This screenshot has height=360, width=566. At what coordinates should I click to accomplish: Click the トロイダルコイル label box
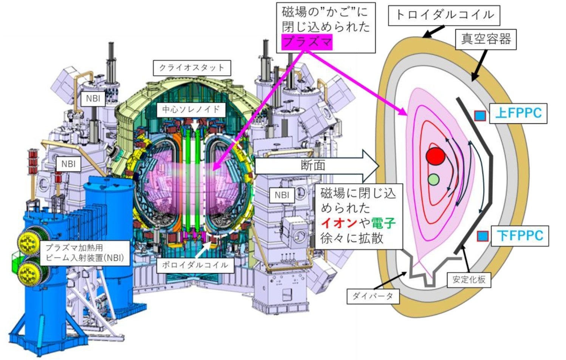point(444,15)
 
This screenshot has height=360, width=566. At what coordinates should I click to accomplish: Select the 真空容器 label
point(486,39)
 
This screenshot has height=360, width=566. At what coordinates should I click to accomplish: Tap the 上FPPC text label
point(518,113)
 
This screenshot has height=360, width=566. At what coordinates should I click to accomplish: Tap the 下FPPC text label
point(520,236)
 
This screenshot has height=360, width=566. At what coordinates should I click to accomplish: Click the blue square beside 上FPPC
point(480,115)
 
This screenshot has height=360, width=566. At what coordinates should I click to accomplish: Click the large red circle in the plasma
point(435,156)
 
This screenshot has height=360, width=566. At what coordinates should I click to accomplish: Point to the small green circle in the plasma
point(433,179)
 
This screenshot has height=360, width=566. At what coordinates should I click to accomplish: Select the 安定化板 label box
point(469,279)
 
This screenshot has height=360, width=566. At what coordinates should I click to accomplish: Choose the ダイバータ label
point(373,296)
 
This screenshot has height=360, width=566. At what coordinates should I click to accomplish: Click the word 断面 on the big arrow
point(313,165)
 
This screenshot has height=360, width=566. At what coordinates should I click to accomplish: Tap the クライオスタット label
point(192,68)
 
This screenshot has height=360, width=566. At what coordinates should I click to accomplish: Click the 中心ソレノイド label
point(191,110)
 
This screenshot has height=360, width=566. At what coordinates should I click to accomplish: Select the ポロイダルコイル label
point(195,265)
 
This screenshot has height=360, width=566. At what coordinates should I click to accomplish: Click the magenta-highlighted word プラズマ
point(307,42)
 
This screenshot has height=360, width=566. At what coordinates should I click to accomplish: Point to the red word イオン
point(339,223)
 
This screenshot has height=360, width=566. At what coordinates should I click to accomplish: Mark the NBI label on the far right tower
point(281,195)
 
